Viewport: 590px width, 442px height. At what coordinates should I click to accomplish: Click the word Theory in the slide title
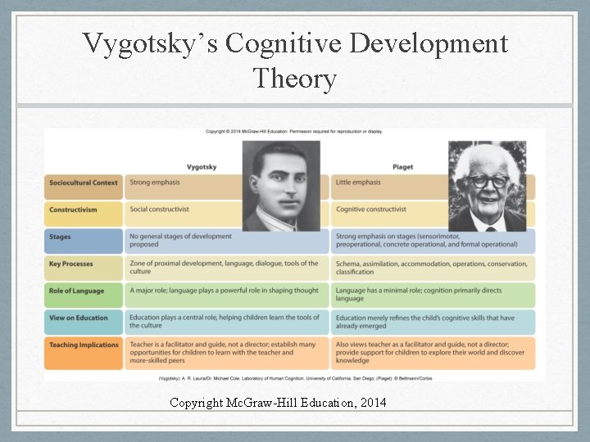(x=295, y=79)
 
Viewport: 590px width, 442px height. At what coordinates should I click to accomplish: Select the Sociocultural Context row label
(x=83, y=183)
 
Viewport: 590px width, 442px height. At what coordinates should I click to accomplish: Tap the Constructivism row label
(x=73, y=210)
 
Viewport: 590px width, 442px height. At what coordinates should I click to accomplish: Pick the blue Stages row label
(x=60, y=237)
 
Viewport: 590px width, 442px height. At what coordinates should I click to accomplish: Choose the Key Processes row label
(x=71, y=264)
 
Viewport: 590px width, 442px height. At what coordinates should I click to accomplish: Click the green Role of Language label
(x=76, y=291)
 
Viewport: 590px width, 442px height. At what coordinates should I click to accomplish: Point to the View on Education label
(x=79, y=318)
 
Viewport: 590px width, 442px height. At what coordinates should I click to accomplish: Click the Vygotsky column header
(x=202, y=167)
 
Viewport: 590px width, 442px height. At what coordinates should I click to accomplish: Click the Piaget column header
(x=403, y=167)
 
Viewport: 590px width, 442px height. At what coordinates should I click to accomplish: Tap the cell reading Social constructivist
(x=159, y=210)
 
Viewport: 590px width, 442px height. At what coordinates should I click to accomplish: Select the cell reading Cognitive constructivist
(x=370, y=210)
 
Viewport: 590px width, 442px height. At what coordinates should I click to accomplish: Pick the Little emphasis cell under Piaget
(x=358, y=183)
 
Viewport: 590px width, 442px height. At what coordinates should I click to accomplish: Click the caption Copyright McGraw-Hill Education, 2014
(x=278, y=402)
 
